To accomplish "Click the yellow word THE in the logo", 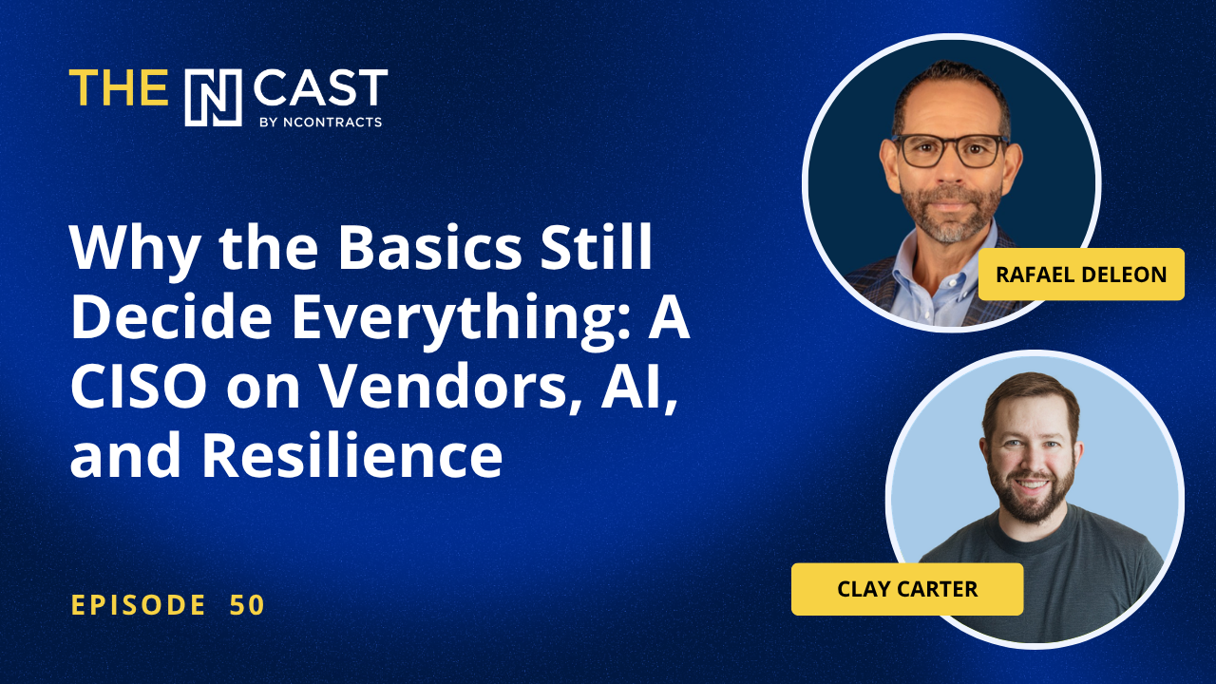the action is point(119,86).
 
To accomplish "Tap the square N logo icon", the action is point(214,98).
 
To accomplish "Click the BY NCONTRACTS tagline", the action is point(321,123).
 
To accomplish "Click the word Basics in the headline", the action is point(429,247).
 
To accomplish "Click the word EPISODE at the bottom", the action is point(139,605).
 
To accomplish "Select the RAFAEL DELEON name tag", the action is point(1081,275).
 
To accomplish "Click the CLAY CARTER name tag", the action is point(907,589).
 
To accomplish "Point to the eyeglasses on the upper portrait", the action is point(950,150).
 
